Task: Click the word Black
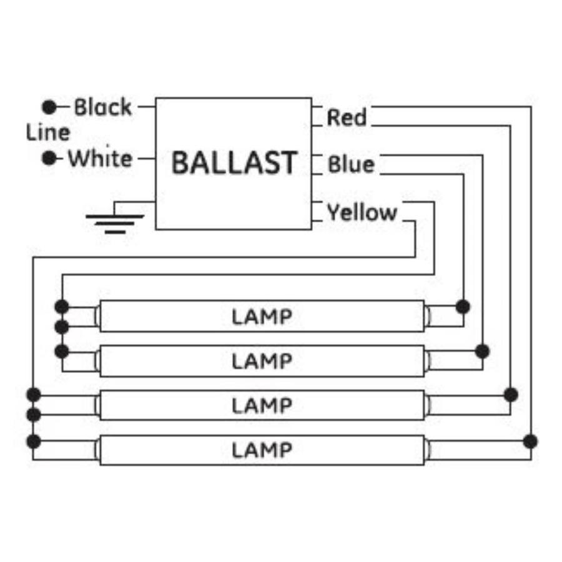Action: tap(103, 107)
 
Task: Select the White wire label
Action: tap(101, 158)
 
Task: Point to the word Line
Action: tap(48, 132)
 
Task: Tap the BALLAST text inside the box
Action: tap(234, 163)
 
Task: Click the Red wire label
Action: tap(347, 117)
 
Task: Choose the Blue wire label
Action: tap(351, 164)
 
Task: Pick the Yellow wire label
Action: tap(362, 212)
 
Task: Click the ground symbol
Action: tap(115, 217)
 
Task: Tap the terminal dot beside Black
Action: tap(49, 107)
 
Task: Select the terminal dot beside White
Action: tap(49, 158)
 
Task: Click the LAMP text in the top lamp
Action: tap(262, 317)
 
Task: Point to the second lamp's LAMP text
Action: tap(262, 362)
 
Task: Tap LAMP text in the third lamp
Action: tap(262, 406)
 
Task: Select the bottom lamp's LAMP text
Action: tap(262, 450)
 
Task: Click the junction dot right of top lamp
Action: tap(463, 307)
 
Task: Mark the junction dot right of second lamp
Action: tap(483, 351)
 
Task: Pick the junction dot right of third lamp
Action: tap(511, 395)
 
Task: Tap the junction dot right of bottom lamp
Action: tap(530, 441)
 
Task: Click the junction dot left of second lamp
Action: tap(62, 352)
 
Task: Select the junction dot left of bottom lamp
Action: tap(34, 441)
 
